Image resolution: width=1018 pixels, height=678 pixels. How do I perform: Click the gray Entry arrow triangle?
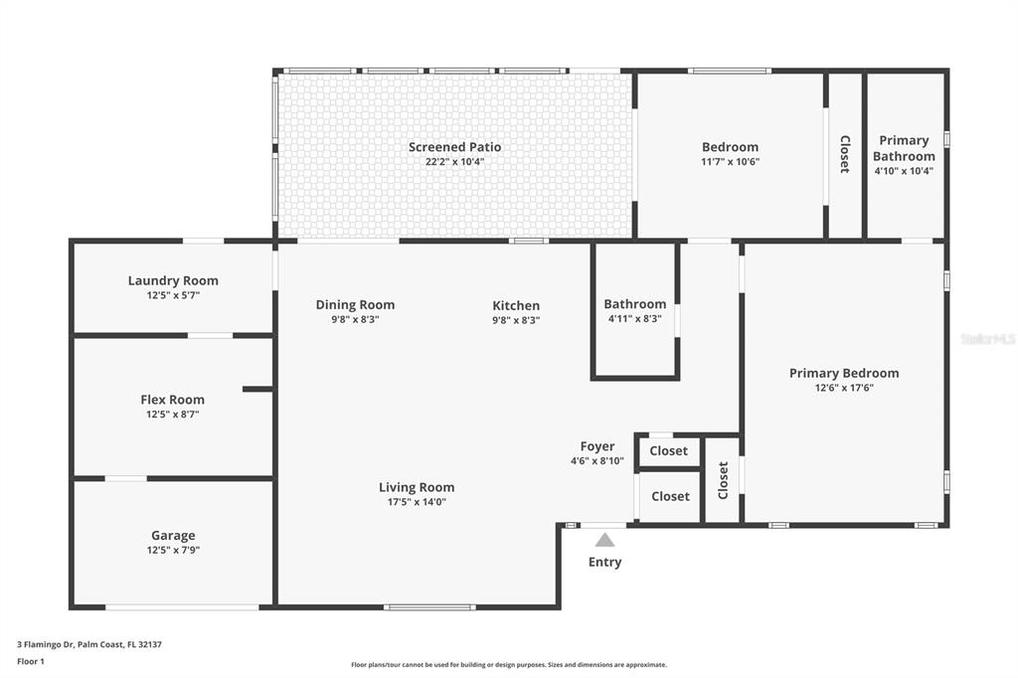point(604,540)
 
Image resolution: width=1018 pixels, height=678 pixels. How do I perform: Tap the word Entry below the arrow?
point(604,562)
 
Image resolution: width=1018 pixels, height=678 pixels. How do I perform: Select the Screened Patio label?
point(454,147)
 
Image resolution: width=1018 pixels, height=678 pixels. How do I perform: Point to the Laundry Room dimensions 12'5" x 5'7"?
point(173,295)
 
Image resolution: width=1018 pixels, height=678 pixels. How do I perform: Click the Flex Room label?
point(173,400)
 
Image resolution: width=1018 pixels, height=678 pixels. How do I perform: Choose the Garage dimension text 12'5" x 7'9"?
point(173,550)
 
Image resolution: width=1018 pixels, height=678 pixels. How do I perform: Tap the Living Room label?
point(417,487)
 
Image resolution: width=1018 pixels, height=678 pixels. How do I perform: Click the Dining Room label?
point(355,304)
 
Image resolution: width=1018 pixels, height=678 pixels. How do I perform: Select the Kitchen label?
point(516,305)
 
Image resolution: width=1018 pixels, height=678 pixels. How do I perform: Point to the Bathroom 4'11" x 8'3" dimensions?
point(635,319)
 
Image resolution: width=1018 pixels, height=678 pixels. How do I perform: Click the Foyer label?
point(597,446)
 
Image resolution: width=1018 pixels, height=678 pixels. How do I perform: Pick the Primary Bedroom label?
point(844,373)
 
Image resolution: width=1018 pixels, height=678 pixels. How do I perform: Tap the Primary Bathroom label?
point(904,148)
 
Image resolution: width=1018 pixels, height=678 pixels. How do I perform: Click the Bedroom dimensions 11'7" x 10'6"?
point(730,162)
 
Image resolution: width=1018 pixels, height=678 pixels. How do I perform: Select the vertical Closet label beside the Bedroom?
point(845,154)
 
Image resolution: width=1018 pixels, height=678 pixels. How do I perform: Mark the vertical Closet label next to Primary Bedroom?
point(724,480)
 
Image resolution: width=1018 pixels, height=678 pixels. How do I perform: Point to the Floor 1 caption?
point(31,661)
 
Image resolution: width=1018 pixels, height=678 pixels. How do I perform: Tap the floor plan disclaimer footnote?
point(509,664)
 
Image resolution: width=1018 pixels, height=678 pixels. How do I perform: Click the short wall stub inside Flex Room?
point(257,389)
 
